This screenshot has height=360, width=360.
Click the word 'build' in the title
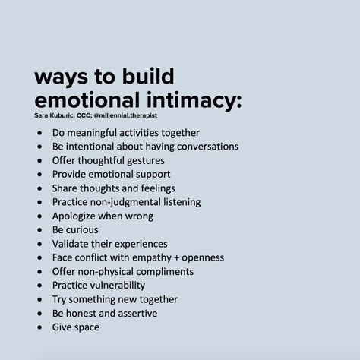click(x=148, y=76)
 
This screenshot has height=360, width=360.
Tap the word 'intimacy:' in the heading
click(x=194, y=101)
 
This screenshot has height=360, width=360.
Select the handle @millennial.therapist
click(x=125, y=115)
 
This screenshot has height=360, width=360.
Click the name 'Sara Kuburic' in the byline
click(x=54, y=115)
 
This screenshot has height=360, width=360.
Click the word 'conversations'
click(x=207, y=147)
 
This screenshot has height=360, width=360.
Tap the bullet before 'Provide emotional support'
click(x=39, y=175)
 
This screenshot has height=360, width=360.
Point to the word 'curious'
click(x=83, y=230)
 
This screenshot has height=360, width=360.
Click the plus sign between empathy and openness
click(x=177, y=258)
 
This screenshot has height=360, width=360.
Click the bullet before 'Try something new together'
click(x=39, y=299)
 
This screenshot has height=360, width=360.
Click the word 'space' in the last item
click(x=87, y=327)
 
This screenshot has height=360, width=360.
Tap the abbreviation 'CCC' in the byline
click(x=83, y=115)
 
